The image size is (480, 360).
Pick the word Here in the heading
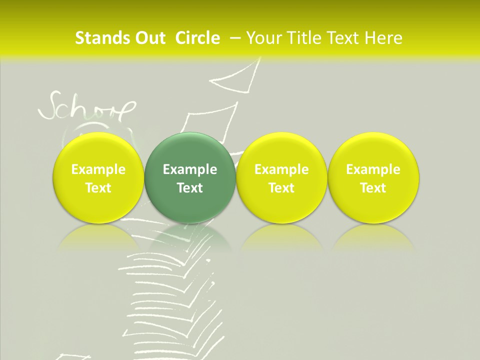pyautogui.click(x=384, y=38)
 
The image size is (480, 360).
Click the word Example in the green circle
pyautogui.click(x=190, y=170)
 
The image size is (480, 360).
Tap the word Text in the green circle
pyautogui.click(x=190, y=188)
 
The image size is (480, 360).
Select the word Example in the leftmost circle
pyautogui.click(x=98, y=170)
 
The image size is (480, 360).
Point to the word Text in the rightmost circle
pyautogui.click(x=373, y=188)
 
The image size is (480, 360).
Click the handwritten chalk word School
pyautogui.click(x=87, y=107)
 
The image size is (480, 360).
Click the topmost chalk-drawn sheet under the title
pyautogui.click(x=235, y=77)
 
